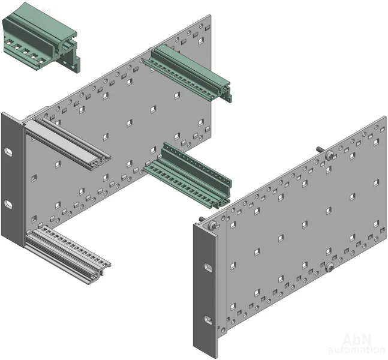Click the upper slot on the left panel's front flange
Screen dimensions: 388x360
coord(8,152)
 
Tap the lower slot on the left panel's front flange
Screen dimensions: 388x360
coord(8,204)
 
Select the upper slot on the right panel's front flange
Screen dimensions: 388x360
coord(208,268)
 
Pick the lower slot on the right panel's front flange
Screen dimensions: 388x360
coord(208,320)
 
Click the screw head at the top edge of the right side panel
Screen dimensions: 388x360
coord(329,155)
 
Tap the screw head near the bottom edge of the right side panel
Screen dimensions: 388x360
coord(329,267)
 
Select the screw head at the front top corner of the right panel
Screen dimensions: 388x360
coord(212,226)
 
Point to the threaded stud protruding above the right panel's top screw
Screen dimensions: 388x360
coord(321,149)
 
